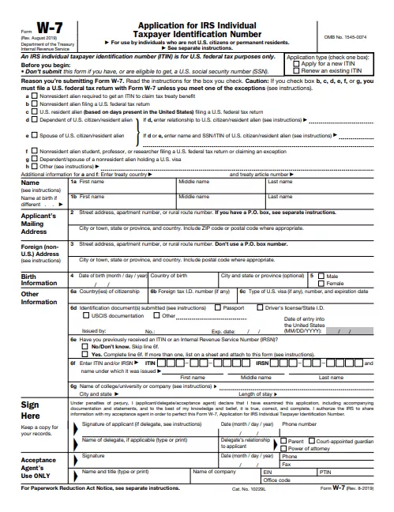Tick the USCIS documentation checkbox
(85, 337)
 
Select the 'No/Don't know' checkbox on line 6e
(85, 369)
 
